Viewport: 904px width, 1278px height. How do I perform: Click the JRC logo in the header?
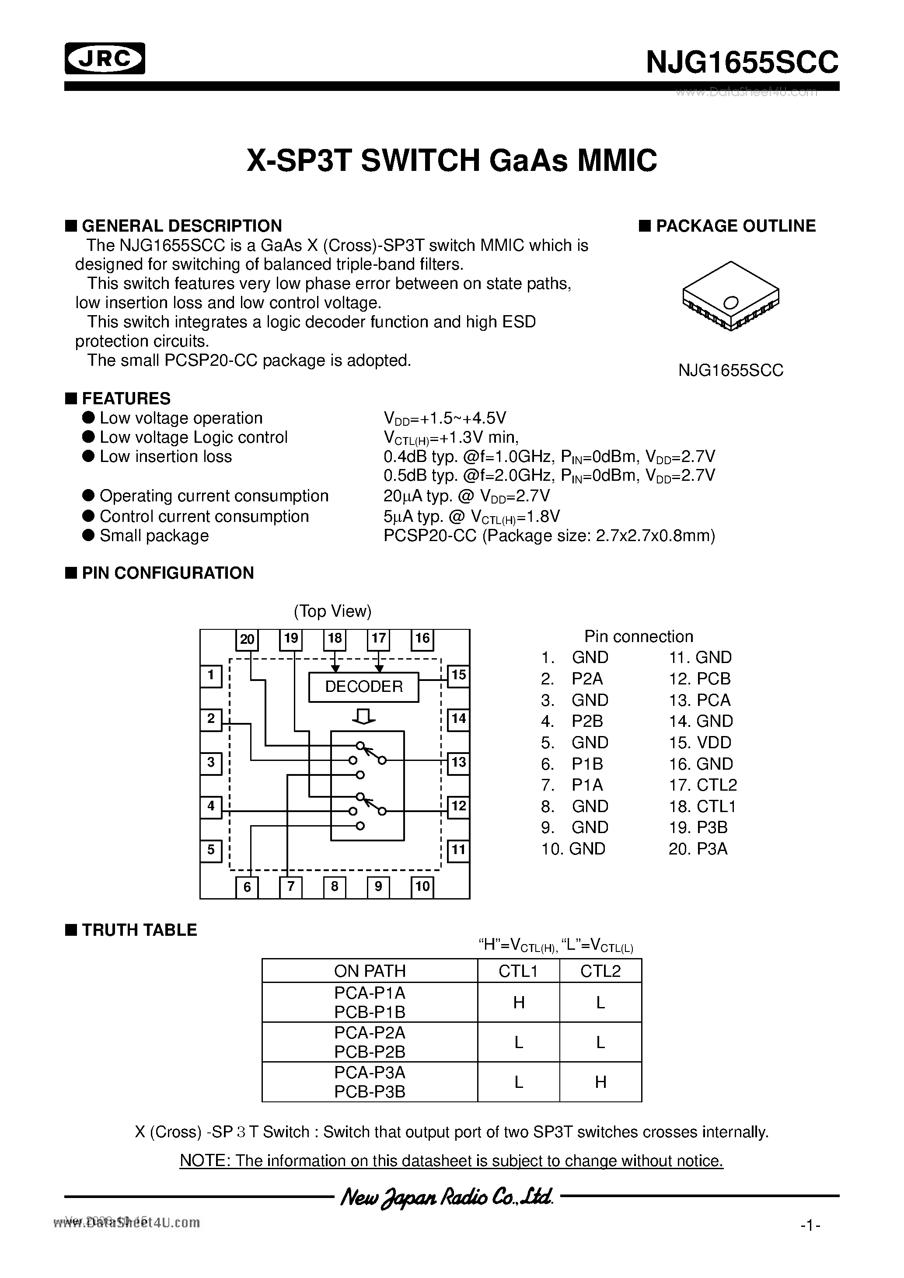(105, 59)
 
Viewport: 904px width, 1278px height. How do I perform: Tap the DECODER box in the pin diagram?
(364, 687)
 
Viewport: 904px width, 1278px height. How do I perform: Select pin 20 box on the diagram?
(247, 639)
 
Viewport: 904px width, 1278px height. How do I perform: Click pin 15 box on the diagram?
(458, 676)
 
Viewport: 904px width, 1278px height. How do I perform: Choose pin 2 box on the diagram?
(210, 719)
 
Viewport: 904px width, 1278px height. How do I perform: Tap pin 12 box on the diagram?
(458, 806)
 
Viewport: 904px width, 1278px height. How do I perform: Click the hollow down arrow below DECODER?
(364, 717)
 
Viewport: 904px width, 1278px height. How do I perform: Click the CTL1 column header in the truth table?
(518, 971)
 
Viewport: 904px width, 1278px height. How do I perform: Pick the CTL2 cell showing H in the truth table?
(600, 1082)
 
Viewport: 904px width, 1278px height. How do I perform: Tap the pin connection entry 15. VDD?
(700, 743)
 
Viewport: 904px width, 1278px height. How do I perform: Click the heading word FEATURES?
(126, 399)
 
